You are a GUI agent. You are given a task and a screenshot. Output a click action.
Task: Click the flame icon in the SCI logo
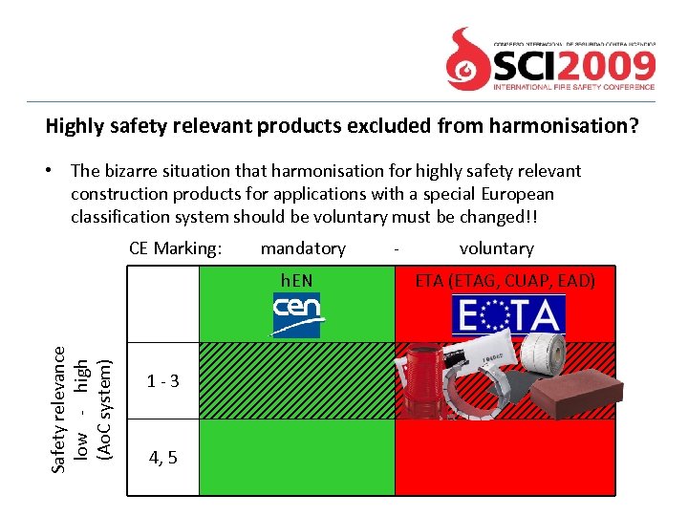tap(469, 57)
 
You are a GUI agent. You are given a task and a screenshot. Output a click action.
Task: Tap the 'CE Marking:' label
tap(175, 248)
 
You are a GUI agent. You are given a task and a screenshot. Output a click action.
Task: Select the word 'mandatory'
tap(303, 248)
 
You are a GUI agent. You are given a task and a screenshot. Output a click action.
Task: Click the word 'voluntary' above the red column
tap(496, 248)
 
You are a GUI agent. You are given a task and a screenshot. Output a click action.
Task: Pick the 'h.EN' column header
tap(296, 280)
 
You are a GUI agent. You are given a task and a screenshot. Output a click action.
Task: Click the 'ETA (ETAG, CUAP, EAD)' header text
tap(505, 280)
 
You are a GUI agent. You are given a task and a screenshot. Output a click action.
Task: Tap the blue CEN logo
tap(296, 314)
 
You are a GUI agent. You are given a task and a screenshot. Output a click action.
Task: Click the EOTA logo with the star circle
tap(508, 314)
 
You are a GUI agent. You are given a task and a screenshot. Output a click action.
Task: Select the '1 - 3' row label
tap(162, 381)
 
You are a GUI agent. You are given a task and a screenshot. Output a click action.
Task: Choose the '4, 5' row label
tap(162, 458)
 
